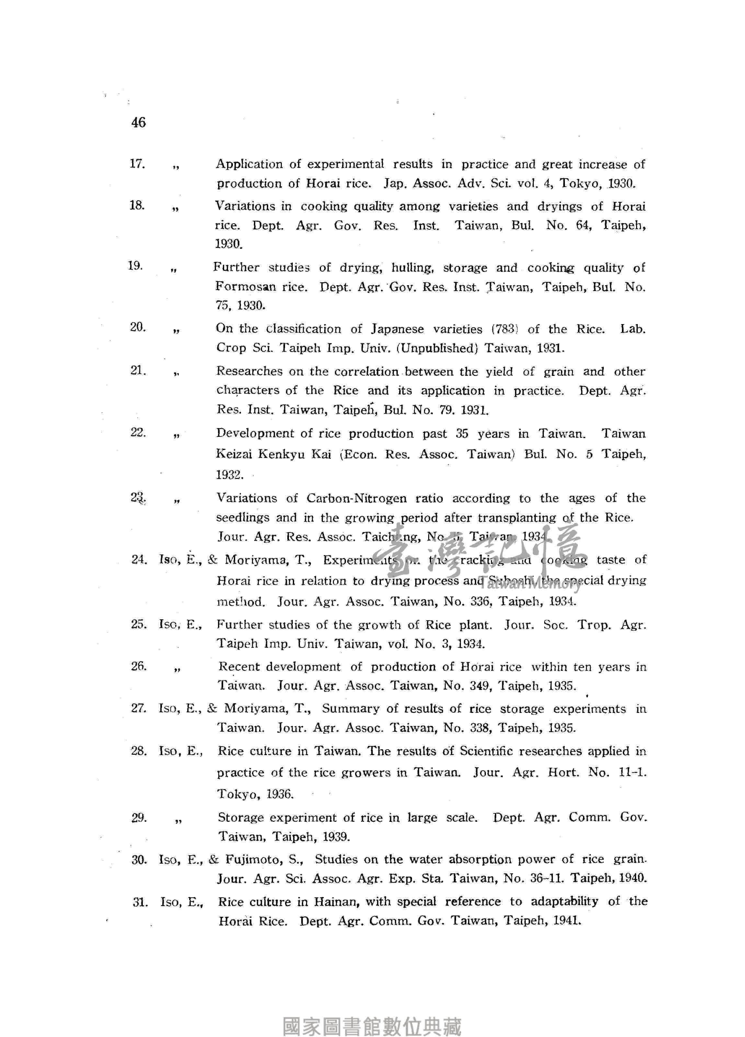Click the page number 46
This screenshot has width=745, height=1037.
[138, 122]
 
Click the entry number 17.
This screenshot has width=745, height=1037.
[137, 164]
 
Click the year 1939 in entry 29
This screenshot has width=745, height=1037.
[336, 837]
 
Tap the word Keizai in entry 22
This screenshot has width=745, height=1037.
[233, 454]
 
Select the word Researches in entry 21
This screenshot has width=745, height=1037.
[249, 371]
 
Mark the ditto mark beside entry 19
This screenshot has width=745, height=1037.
[173, 269]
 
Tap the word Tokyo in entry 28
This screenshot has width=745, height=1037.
[236, 794]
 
